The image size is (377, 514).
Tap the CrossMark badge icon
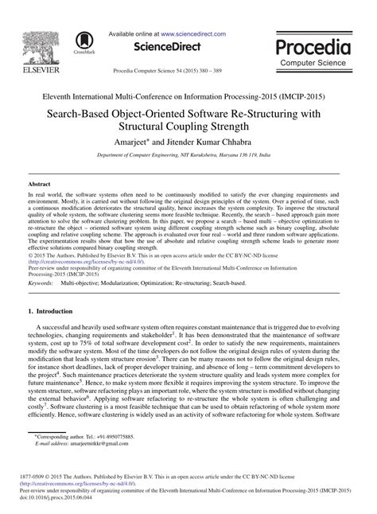point(80,42)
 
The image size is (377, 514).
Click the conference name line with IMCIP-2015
point(188,96)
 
